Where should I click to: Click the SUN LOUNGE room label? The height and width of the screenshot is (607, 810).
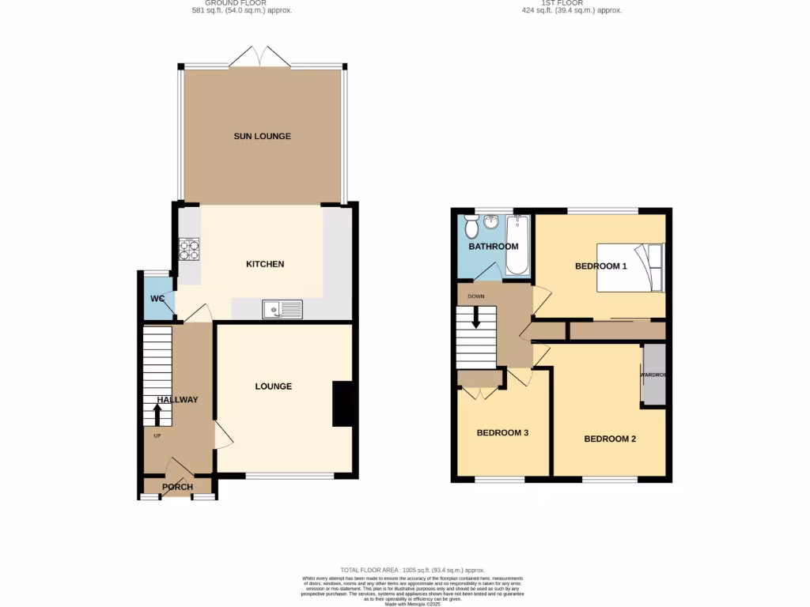click(x=262, y=137)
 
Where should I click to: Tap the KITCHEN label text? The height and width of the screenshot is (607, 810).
click(x=265, y=264)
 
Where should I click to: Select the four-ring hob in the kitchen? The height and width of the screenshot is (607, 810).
click(x=189, y=250)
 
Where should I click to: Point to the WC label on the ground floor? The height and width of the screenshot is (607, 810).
click(x=157, y=299)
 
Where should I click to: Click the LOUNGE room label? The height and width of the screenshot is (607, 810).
click(x=274, y=386)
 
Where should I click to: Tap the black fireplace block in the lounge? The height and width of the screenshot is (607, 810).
click(x=343, y=404)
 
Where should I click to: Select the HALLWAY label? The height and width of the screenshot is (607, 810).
click(x=177, y=400)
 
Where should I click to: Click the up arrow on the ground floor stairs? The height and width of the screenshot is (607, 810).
click(x=157, y=414)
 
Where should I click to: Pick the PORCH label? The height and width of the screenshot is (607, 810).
click(x=177, y=487)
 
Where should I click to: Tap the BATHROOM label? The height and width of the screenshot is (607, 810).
click(x=494, y=247)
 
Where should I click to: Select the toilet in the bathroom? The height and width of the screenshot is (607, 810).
click(x=472, y=229)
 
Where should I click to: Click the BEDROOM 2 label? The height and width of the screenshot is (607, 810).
click(x=610, y=439)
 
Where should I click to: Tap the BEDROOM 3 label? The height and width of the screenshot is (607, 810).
click(x=502, y=433)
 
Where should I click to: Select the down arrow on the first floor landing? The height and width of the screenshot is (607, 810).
click(x=476, y=318)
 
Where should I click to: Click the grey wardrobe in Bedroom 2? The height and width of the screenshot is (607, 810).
click(x=653, y=375)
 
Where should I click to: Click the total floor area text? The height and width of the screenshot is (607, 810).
click(x=413, y=570)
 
